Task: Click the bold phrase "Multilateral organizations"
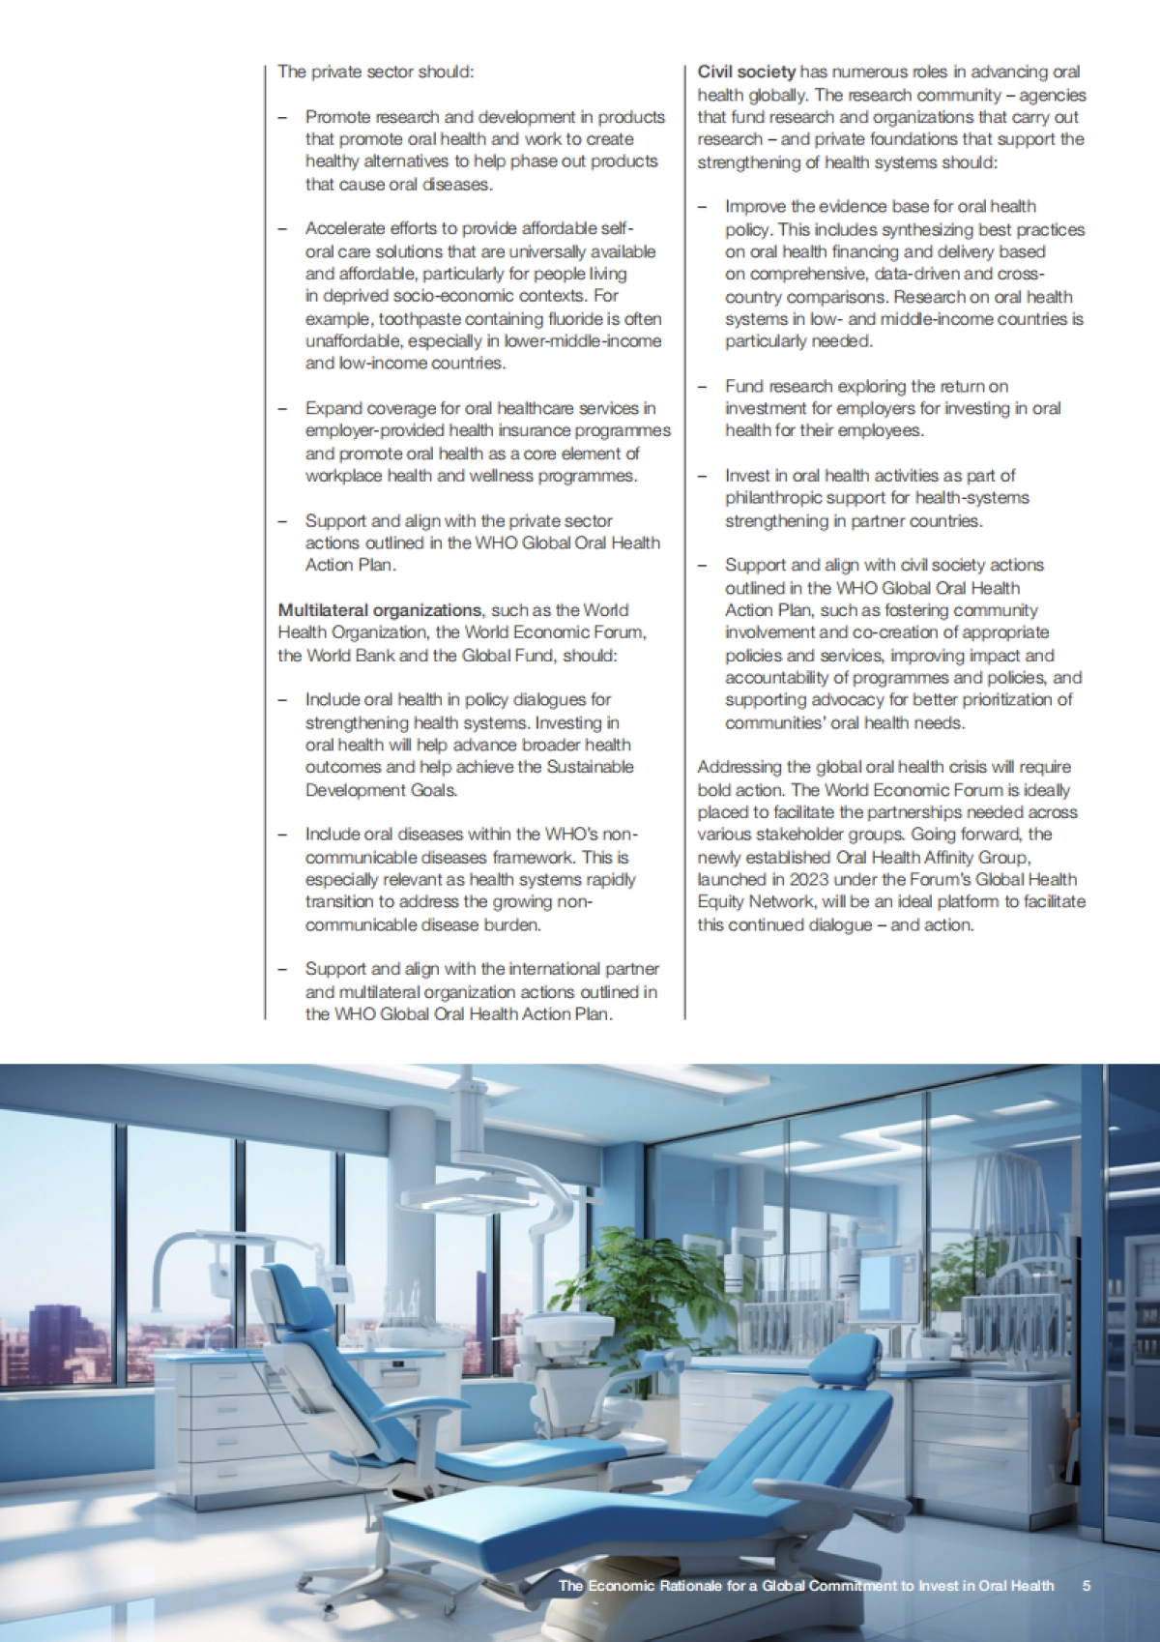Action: (x=379, y=610)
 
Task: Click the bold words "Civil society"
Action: (x=746, y=72)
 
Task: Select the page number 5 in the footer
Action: (x=1087, y=1586)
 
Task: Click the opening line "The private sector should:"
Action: (x=376, y=72)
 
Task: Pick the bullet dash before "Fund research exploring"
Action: (x=703, y=387)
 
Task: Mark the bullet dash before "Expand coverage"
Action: (x=282, y=409)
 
